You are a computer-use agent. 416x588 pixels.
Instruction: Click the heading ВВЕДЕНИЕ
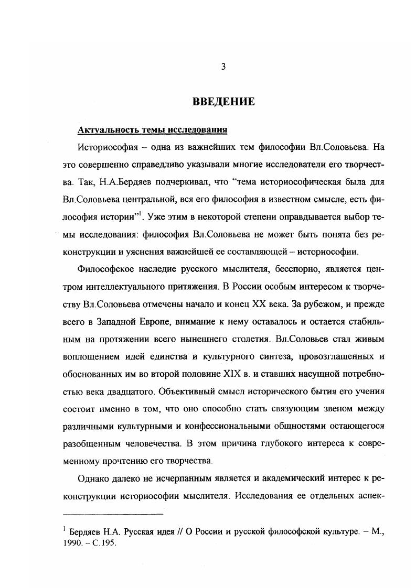(224, 101)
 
